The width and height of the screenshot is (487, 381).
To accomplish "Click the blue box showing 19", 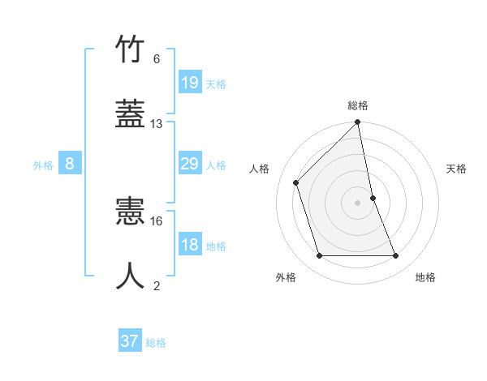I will [x=190, y=82].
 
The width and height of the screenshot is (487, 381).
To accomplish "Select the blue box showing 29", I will [x=190, y=164].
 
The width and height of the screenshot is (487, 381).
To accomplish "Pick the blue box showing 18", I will [x=190, y=245].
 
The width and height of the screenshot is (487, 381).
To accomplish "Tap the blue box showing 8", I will [x=70, y=164].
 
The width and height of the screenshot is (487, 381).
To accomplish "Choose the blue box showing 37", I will [x=130, y=341].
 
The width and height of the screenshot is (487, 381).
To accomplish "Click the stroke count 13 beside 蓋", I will [x=157, y=124].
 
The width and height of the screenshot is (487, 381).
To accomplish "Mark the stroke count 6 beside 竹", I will [x=157, y=59].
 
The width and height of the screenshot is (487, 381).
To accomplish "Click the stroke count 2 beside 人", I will [x=157, y=285].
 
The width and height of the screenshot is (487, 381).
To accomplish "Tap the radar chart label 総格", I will [x=358, y=105].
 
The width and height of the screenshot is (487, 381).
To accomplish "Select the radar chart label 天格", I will [x=456, y=169].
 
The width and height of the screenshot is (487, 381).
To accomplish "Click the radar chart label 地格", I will [x=425, y=277].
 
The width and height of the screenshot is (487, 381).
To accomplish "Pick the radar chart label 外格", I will [x=286, y=277].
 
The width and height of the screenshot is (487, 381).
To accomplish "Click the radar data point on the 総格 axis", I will [x=358, y=123].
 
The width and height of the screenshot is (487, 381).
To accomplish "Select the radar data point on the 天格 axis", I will [x=373, y=197].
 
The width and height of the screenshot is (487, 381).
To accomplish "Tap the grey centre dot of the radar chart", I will [x=358, y=202].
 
